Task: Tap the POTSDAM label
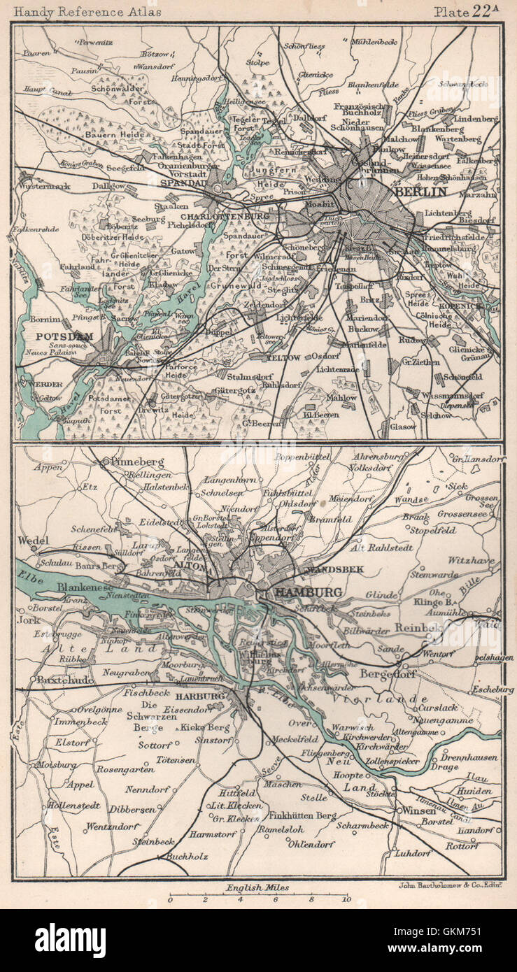pos(50,335)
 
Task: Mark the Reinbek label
pos(418,627)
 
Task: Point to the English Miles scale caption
pos(257,887)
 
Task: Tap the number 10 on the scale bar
pos(346,900)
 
